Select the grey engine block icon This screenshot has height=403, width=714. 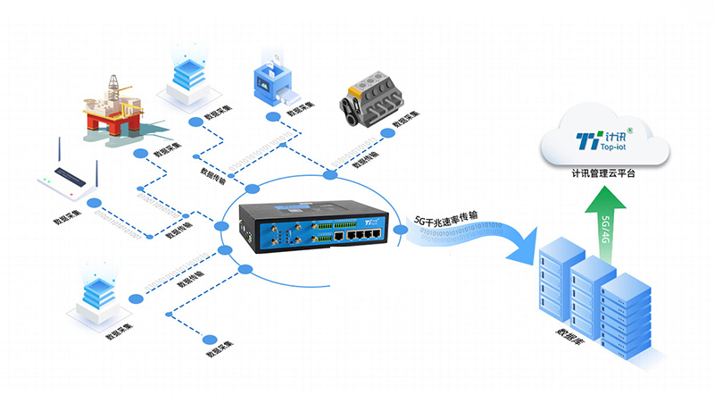tap(371, 101)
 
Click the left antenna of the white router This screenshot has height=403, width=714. tap(45, 156)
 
